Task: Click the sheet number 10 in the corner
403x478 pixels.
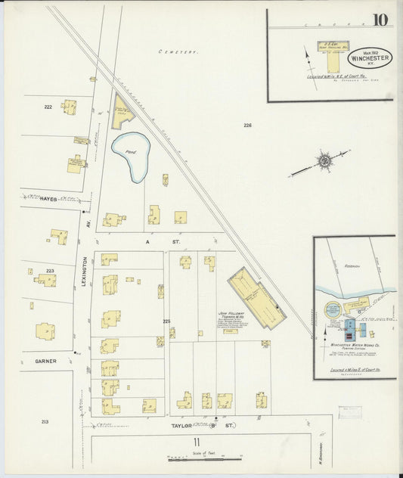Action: pyautogui.click(x=380, y=19)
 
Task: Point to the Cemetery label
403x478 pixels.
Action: pyautogui.click(x=178, y=52)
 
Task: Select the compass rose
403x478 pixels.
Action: pyautogui.click(x=324, y=160)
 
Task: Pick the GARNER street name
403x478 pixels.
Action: pyautogui.click(x=45, y=361)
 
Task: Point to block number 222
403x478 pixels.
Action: pyautogui.click(x=48, y=108)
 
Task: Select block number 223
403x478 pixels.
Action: pyautogui.click(x=50, y=270)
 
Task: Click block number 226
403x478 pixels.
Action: pyautogui.click(x=247, y=125)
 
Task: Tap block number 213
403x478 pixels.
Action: pyautogui.click(x=45, y=421)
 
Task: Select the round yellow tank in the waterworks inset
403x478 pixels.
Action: pyautogui.click(x=333, y=310)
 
